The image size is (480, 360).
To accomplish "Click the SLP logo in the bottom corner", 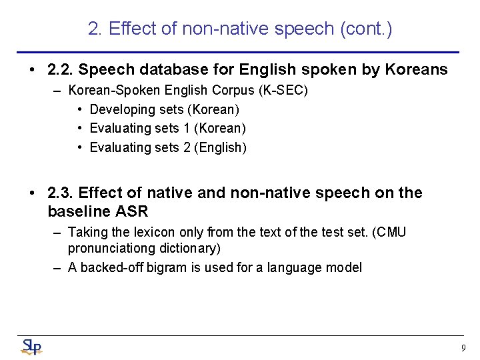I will (31, 347).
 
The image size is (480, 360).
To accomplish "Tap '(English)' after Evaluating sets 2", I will (220, 148).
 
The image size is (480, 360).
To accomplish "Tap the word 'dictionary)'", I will (193, 248).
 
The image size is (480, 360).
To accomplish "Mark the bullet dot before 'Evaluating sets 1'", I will (79, 129).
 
